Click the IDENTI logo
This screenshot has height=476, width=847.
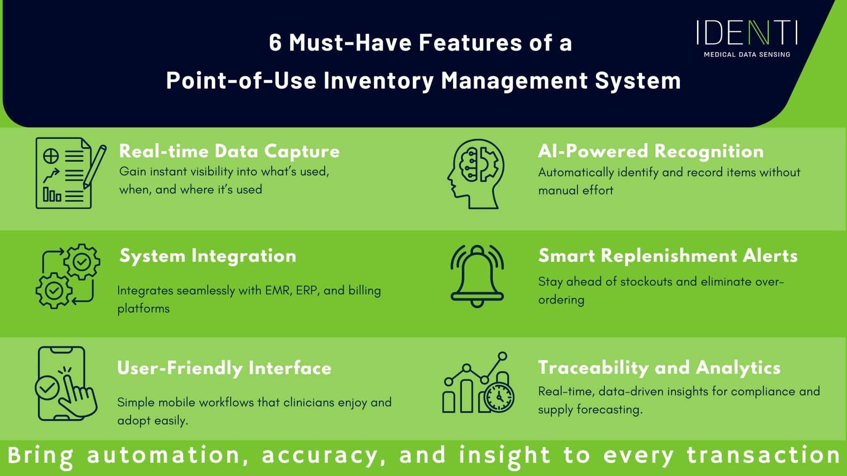747,33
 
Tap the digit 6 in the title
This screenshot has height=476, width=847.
275,43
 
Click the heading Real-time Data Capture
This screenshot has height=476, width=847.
229,151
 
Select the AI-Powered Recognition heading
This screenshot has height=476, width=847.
651,151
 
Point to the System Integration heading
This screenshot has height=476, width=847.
208,256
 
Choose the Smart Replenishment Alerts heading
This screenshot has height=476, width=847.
668,256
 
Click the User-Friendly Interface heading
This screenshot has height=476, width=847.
224,368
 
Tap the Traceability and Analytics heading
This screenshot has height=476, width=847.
659,368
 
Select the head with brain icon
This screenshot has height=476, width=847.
476,174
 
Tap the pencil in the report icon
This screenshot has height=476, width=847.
96,170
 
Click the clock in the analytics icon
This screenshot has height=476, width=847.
499,398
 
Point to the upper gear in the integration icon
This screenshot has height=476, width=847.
82,262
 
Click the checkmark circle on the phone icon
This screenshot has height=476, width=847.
47,387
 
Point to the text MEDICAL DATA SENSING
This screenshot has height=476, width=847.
747,55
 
